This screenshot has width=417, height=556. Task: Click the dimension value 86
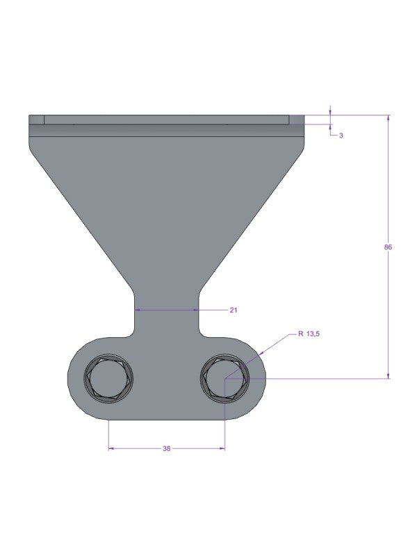pyautogui.click(x=388, y=247)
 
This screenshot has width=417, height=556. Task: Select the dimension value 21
pyautogui.click(x=233, y=310)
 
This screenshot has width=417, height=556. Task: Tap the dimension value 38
pyautogui.click(x=166, y=449)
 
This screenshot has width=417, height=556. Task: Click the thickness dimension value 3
pyautogui.click(x=341, y=136)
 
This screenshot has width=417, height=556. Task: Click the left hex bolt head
pyautogui.click(x=109, y=380)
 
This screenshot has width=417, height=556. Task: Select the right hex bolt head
pyautogui.click(x=225, y=380)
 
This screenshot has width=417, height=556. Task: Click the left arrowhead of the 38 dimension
pyautogui.click(x=111, y=449)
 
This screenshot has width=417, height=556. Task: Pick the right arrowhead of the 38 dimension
pyautogui.click(x=222, y=449)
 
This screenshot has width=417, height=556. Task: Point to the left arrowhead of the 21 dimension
pyautogui.click(x=137, y=309)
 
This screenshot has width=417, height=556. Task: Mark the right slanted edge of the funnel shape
pyautogui.click(x=254, y=215)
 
